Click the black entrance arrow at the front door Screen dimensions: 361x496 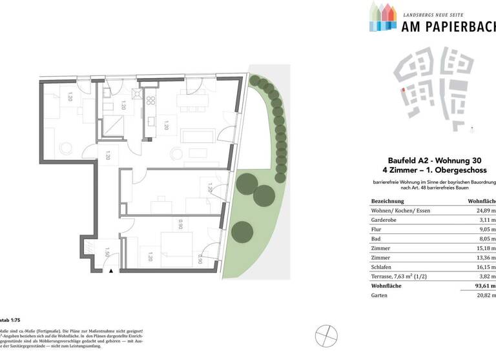tap(111, 271)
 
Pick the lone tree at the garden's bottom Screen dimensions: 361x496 tap(240, 229)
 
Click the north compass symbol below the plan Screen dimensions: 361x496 tap(327, 335)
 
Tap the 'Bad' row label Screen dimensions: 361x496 tap(377, 237)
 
